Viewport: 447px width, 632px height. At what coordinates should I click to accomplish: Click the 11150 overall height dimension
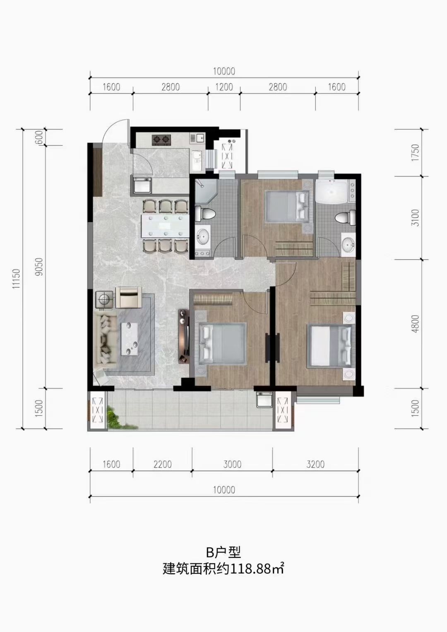click(17, 278)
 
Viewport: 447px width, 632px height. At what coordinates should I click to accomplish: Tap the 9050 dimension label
click(40, 267)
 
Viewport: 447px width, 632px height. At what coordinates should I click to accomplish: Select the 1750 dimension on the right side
click(415, 153)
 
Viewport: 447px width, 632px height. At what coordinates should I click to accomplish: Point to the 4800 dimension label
click(415, 324)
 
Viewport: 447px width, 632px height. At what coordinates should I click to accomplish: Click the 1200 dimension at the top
click(224, 87)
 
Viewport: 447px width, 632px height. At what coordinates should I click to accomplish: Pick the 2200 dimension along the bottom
click(163, 464)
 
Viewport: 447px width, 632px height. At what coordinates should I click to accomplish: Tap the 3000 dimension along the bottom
click(232, 464)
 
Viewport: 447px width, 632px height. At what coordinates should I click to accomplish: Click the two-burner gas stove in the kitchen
click(161, 140)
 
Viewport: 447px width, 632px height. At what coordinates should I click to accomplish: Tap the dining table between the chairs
click(164, 226)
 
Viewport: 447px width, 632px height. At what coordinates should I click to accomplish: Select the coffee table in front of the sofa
click(130, 339)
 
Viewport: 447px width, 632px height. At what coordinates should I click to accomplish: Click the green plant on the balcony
click(114, 418)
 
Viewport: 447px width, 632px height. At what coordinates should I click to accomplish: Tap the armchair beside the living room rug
click(128, 297)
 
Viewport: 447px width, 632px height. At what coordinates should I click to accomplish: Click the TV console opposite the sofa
click(184, 336)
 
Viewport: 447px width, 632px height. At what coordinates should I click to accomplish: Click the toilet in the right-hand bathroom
click(345, 218)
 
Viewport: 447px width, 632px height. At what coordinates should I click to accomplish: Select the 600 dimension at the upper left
click(40, 137)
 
